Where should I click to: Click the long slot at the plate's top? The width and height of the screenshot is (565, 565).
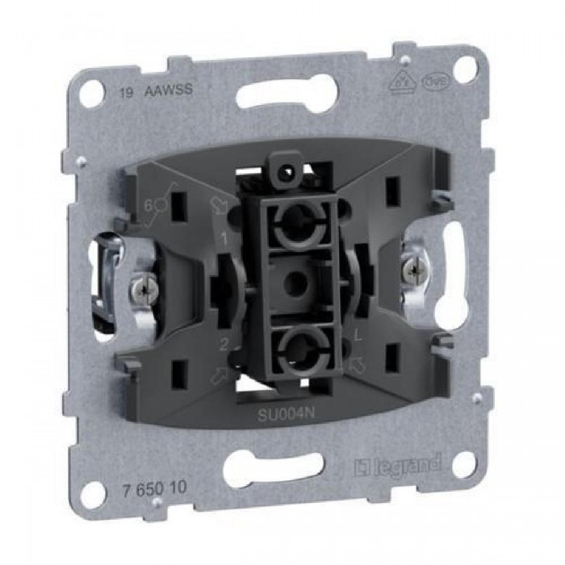tap(284, 94)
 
